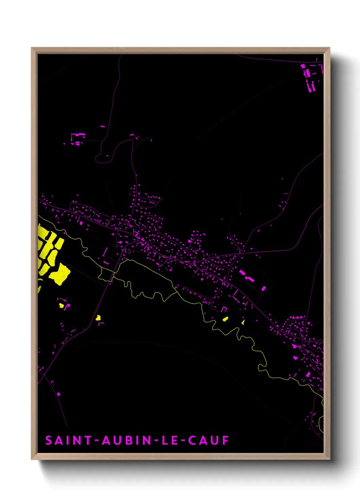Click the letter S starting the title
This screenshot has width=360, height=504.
click(x=49, y=440)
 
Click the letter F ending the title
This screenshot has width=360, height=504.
click(x=225, y=440)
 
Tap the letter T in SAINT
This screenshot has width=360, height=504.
click(x=87, y=440)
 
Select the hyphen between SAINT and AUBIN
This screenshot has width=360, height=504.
click(x=97, y=441)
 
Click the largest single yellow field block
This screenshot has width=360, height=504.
click(x=60, y=273)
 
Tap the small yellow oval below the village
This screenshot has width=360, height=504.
click(x=225, y=319)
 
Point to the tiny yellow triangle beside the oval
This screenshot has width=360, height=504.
click(x=243, y=321)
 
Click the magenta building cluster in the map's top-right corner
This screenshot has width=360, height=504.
click(x=310, y=77)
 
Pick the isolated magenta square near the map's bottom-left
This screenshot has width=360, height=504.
click(x=59, y=394)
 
